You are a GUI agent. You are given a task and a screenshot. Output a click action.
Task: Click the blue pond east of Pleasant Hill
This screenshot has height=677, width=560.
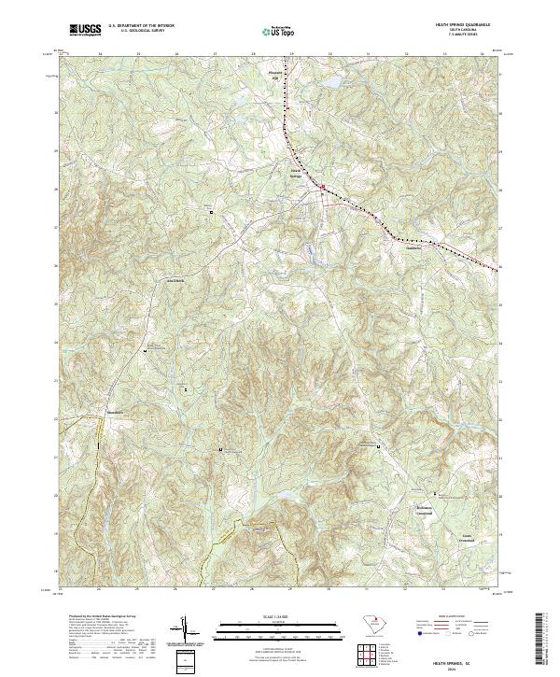point(331,83)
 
